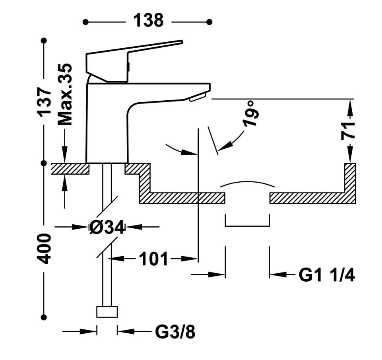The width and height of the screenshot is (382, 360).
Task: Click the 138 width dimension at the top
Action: click(148, 21)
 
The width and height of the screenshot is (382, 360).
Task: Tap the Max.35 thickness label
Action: click(65, 94)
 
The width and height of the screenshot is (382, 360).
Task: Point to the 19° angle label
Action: click(251, 114)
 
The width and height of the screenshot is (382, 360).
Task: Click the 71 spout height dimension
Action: click(349, 131)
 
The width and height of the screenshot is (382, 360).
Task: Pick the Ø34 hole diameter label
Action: click(106, 228)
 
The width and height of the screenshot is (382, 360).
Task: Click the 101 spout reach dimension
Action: click(153, 259)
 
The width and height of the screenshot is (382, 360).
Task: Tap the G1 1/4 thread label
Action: click(327, 275)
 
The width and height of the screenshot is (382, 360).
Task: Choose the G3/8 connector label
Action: click(175, 332)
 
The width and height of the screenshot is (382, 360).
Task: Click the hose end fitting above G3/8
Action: click(107, 311)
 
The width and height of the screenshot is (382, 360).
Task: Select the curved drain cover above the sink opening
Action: click(247, 185)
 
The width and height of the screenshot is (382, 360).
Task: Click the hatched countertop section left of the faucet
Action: click(70, 169)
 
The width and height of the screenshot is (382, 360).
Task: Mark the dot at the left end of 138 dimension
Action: click(85, 22)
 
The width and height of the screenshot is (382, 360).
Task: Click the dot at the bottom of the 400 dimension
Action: click(44, 317)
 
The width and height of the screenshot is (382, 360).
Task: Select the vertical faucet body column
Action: click(107, 127)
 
